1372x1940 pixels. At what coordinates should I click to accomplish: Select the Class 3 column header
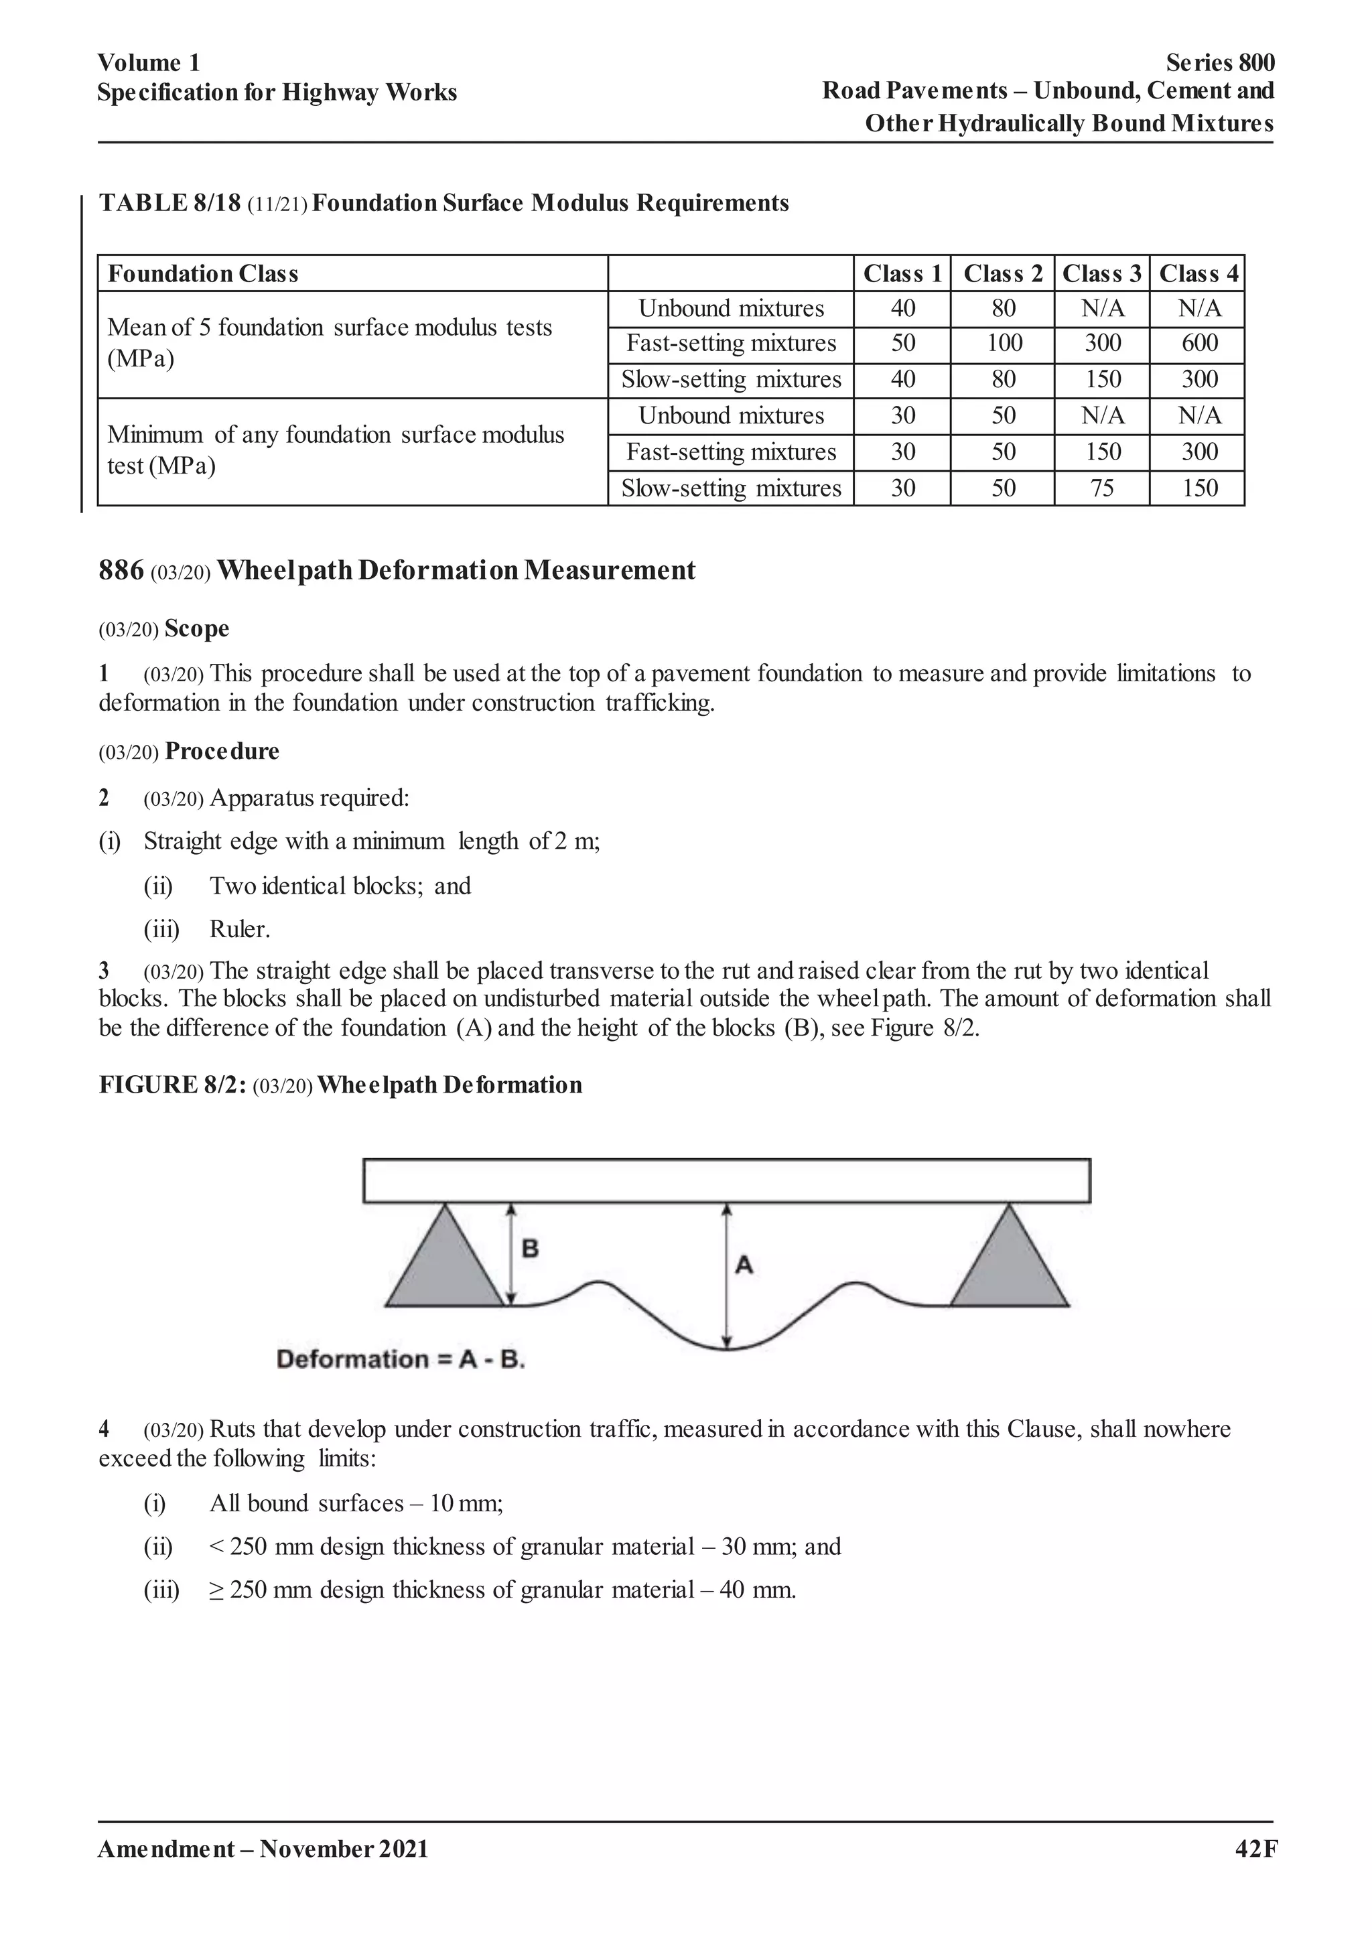[x=1101, y=274]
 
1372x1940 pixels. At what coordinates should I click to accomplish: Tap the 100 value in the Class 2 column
[x=1003, y=343]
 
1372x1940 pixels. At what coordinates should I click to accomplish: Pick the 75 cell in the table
[x=1101, y=488]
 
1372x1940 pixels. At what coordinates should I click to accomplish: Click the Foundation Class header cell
[x=203, y=274]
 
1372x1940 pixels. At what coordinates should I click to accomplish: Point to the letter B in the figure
[x=531, y=1249]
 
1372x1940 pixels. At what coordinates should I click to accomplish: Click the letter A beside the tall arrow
[x=744, y=1265]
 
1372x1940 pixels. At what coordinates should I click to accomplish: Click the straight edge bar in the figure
[x=727, y=1180]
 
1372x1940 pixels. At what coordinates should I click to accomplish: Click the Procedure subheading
[x=221, y=751]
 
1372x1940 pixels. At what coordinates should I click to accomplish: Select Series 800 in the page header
[x=1220, y=62]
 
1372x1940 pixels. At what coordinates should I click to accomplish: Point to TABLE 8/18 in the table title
[x=169, y=203]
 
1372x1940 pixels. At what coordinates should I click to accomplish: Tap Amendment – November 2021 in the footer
[x=263, y=1850]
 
